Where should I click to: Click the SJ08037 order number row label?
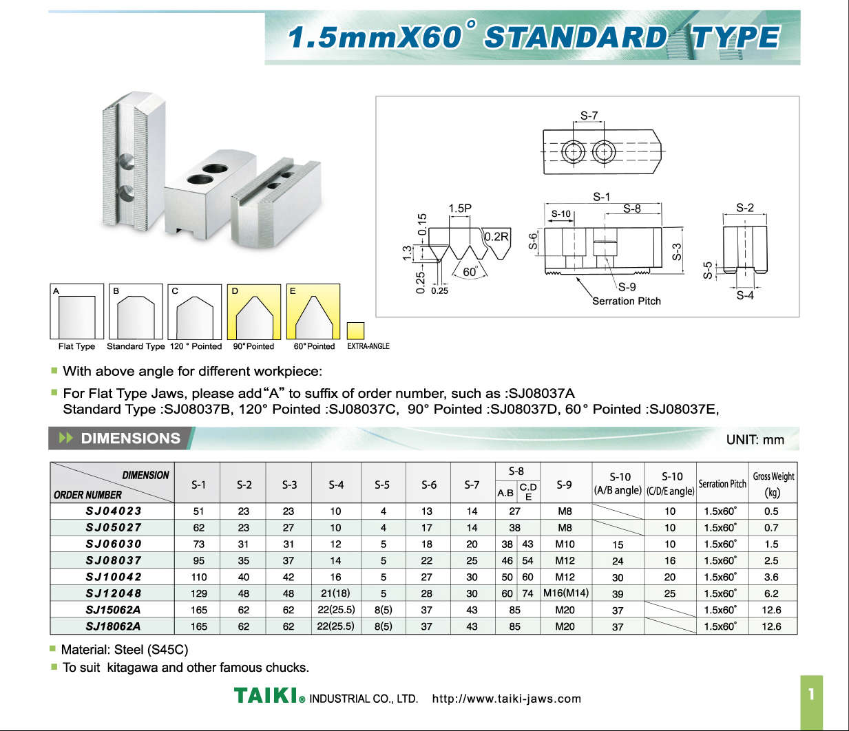[114, 560]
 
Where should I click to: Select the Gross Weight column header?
[773, 484]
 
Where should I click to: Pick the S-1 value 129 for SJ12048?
[199, 593]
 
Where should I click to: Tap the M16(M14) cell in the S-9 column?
[565, 593]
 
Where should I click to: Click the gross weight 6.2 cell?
[771, 593]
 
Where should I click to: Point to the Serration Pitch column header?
[722, 484]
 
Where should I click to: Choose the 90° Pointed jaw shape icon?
[254, 312]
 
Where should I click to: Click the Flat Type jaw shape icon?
[77, 311]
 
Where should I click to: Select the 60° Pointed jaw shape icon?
[313, 312]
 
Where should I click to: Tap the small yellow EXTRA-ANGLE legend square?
[355, 330]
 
